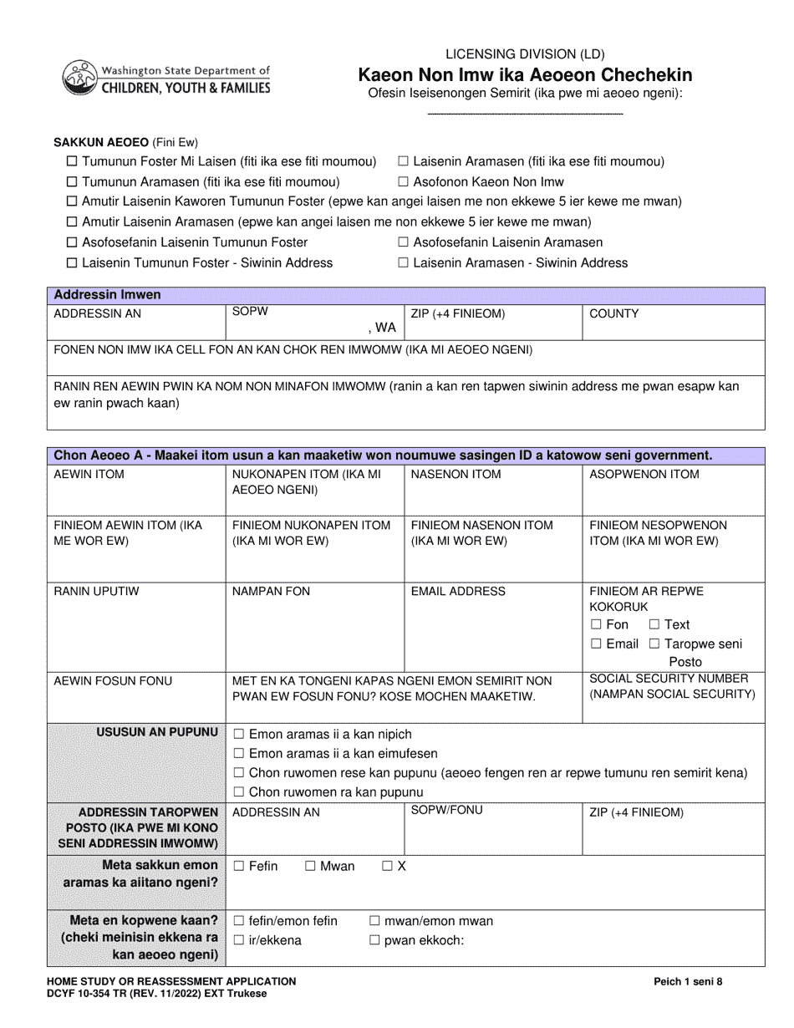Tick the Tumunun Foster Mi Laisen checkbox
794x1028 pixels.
click(x=72, y=161)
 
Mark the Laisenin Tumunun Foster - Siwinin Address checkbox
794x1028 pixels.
click(x=72, y=262)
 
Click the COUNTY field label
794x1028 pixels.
click(x=613, y=313)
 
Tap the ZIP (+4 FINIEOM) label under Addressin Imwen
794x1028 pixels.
click(x=458, y=313)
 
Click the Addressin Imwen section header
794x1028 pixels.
click(x=108, y=294)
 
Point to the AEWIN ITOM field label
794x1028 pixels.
click(x=89, y=474)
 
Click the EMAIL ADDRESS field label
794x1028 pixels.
click(x=458, y=591)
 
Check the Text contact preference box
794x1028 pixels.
click(x=654, y=624)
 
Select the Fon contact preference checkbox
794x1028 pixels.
click(x=596, y=624)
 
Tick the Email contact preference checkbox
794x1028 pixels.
click(x=596, y=644)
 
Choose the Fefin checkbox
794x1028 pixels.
click(x=239, y=866)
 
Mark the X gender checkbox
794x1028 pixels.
click(x=387, y=866)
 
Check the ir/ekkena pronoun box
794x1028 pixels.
click(x=239, y=940)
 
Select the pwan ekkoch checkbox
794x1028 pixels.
click(x=374, y=940)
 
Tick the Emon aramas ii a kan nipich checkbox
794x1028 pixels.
click(x=239, y=734)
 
